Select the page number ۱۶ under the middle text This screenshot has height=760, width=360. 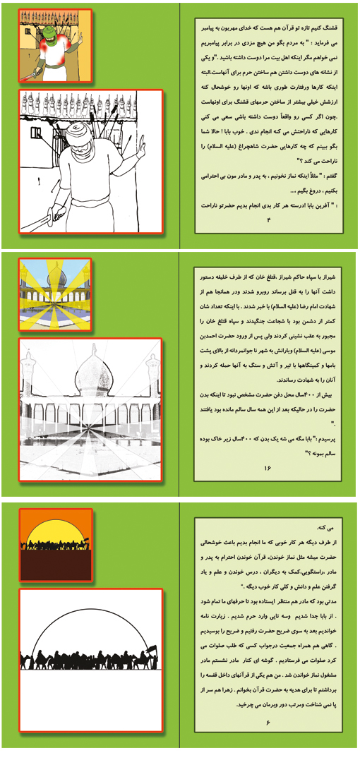click(268, 468)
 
